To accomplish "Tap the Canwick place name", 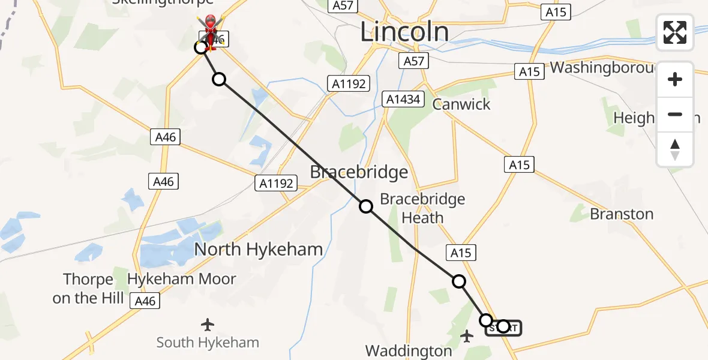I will pyautogui.click(x=461, y=104).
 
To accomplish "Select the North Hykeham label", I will pyautogui.click(x=258, y=249).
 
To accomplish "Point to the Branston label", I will pyautogui.click(x=622, y=214).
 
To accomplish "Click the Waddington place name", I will pyautogui.click(x=409, y=350).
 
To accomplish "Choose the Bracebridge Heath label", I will pyautogui.click(x=422, y=208).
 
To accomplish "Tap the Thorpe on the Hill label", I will pyautogui.click(x=88, y=289).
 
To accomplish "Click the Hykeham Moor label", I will pyautogui.click(x=182, y=279).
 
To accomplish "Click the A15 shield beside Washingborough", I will pyautogui.click(x=529, y=72).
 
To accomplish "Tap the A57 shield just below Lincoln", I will pyautogui.click(x=413, y=61).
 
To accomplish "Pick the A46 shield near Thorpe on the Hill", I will pyautogui.click(x=145, y=301).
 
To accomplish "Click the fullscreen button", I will pyautogui.click(x=675, y=33).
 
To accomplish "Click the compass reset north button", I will pyautogui.click(x=675, y=149).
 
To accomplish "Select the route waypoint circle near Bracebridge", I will pyautogui.click(x=366, y=206).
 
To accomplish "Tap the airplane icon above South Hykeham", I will pyautogui.click(x=208, y=325).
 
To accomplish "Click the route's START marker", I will pyautogui.click(x=503, y=328).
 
